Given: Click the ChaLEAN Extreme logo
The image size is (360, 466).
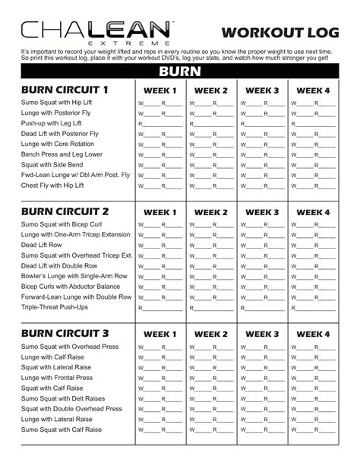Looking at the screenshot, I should (96, 32).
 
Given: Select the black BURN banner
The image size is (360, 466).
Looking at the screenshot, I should (179, 71).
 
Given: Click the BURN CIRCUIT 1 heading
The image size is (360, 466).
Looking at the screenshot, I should (65, 90).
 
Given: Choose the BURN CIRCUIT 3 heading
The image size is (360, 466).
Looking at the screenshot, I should (65, 333).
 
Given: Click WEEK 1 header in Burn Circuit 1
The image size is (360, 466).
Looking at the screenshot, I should (160, 91).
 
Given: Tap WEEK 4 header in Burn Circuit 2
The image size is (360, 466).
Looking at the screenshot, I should (313, 212).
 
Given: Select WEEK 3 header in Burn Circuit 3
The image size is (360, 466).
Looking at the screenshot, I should (262, 334).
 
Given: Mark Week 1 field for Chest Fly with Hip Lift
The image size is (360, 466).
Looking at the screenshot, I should (160, 185).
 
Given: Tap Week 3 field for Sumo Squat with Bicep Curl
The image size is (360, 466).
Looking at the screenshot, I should (262, 225).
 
